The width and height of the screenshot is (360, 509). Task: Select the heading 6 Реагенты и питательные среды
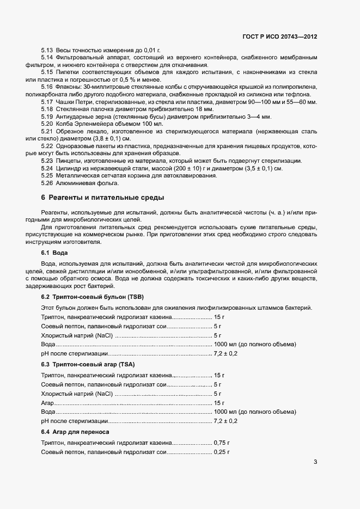coord(102,197)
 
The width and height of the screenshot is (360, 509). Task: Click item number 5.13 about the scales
coord(47,51)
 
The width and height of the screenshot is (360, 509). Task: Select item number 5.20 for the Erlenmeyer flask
coord(47,123)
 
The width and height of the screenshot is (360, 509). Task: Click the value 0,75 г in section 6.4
coord(222,443)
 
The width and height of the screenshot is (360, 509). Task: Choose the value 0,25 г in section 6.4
coord(222,452)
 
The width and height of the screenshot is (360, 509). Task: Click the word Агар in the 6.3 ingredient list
coord(47,402)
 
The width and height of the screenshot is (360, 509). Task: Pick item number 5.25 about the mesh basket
coord(47,176)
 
